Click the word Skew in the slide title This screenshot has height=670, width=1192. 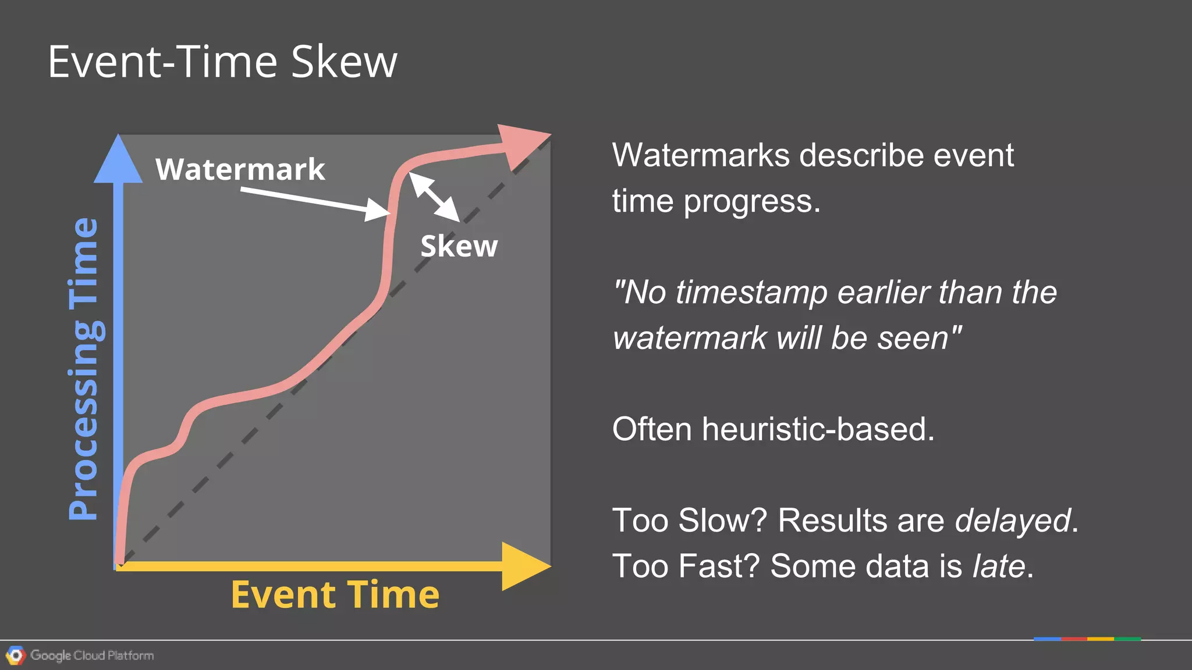point(344,62)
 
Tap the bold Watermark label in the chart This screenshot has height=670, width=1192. point(240,169)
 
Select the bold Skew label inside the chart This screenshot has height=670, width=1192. point(459,246)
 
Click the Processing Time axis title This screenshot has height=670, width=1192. point(84,369)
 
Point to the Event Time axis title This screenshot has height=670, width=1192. point(335,595)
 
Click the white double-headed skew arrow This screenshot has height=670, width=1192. point(434,197)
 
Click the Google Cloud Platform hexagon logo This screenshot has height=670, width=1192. point(16,655)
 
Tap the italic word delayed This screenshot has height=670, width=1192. point(1012,520)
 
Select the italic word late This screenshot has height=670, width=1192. point(999,566)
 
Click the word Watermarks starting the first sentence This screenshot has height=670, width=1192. point(701,155)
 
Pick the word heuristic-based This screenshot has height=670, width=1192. point(818,429)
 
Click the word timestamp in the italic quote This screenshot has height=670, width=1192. point(751,292)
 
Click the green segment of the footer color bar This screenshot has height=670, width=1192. point(1127,639)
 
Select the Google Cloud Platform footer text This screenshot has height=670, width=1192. point(92,655)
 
